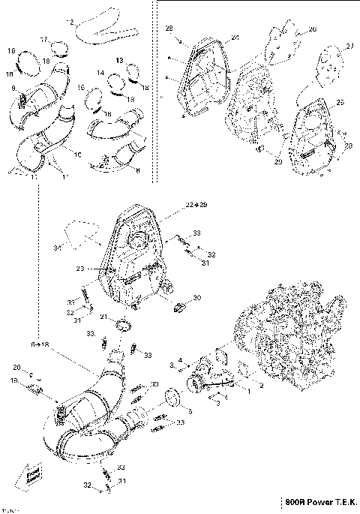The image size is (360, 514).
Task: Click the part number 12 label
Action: point(71,23)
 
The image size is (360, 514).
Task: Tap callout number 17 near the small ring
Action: point(43,39)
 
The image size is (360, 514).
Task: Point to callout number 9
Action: point(13,89)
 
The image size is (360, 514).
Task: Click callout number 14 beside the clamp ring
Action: point(100,73)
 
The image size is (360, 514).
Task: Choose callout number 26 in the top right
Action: point(312,29)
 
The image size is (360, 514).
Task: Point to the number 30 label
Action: point(197,298)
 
